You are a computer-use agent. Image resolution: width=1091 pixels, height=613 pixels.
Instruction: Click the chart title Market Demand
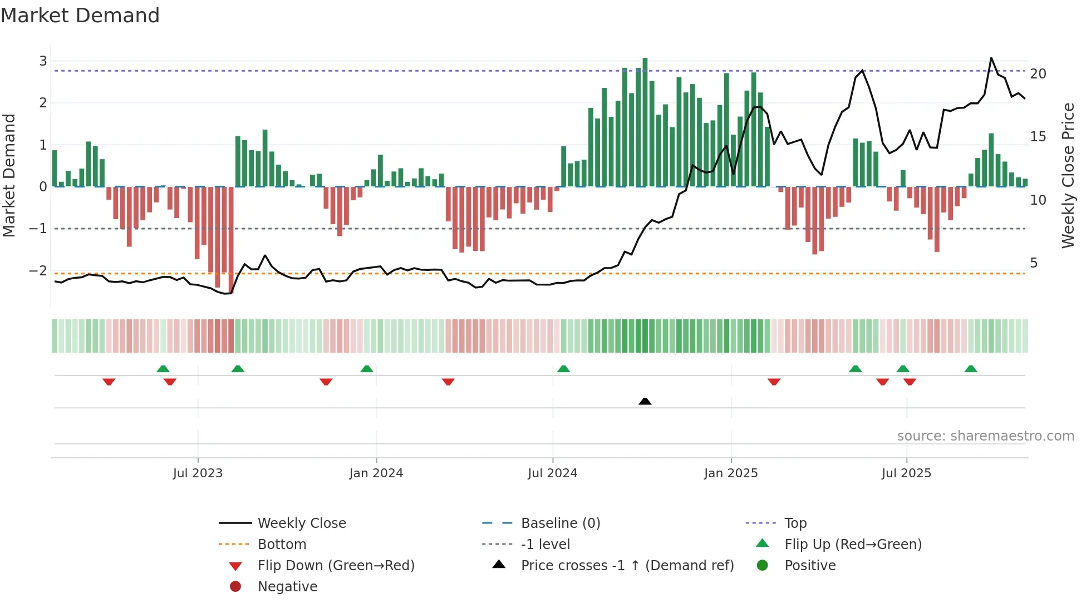click(x=80, y=16)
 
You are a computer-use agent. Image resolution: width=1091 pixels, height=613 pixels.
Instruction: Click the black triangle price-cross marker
click(x=645, y=401)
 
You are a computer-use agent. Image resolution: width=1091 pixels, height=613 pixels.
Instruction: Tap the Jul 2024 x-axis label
click(x=552, y=473)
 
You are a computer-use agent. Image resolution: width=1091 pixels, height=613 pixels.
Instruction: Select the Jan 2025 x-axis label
click(x=730, y=473)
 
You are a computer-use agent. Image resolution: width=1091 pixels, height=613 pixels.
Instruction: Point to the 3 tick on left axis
click(x=43, y=61)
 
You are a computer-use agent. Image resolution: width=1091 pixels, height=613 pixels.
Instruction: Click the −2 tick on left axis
click(x=38, y=271)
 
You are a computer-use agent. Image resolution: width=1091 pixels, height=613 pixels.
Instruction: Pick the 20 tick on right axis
click(x=1038, y=74)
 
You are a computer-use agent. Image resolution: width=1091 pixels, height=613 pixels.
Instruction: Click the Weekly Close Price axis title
click(x=1068, y=175)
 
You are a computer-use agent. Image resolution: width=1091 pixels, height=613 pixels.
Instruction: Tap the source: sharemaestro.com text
click(x=985, y=436)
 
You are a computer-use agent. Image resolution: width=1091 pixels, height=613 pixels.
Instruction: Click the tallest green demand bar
click(x=645, y=122)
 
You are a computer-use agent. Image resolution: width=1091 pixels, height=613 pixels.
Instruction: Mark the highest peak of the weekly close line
click(x=991, y=58)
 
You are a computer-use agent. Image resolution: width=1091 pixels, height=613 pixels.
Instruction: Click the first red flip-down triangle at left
click(x=109, y=382)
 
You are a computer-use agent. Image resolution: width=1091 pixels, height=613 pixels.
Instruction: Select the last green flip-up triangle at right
click(x=971, y=369)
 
